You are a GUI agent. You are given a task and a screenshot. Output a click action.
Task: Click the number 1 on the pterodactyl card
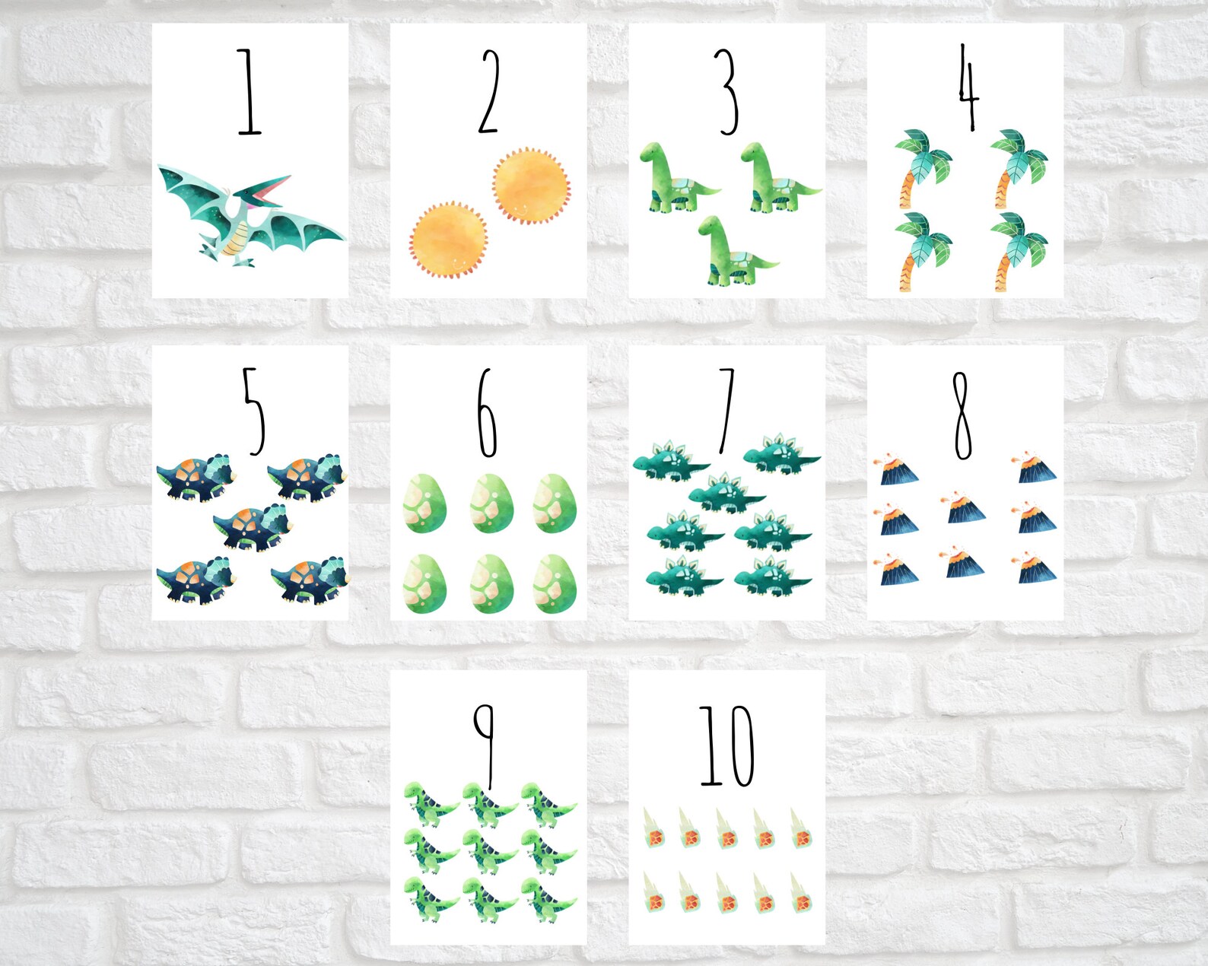(248, 93)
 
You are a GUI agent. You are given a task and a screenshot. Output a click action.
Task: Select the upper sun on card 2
(530, 185)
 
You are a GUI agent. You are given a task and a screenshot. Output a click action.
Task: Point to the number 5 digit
(253, 411)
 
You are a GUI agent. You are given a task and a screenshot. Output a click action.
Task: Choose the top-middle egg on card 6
(491, 503)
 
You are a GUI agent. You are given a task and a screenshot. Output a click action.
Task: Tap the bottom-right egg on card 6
(555, 584)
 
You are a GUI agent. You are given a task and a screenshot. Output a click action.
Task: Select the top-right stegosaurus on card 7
(780, 454)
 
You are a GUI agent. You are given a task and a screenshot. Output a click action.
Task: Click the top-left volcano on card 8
(898, 469)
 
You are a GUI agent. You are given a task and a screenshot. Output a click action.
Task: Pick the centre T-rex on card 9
(488, 851)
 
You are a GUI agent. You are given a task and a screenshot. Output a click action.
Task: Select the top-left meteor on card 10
(652, 830)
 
